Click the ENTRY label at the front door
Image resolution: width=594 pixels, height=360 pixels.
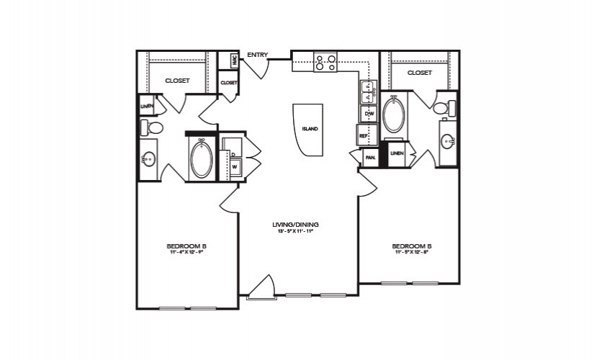click(x=257, y=55)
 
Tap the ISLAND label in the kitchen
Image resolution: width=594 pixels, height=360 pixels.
click(x=310, y=130)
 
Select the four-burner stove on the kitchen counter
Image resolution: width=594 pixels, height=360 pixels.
click(x=325, y=62)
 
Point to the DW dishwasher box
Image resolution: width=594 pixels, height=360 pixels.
click(x=369, y=114)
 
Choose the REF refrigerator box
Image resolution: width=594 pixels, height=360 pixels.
click(x=364, y=135)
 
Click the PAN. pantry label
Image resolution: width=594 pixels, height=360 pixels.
click(x=371, y=157)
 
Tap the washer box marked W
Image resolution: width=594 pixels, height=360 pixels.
click(x=234, y=167)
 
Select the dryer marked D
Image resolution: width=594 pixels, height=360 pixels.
click(x=234, y=154)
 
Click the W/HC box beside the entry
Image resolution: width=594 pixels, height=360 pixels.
click(x=234, y=61)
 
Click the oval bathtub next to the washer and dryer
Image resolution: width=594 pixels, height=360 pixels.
click(x=201, y=159)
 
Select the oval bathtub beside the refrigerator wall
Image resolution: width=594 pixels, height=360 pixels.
click(x=394, y=115)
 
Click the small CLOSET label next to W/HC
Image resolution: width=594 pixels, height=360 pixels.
click(x=229, y=83)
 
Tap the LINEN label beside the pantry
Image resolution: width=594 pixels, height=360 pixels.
click(x=396, y=153)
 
